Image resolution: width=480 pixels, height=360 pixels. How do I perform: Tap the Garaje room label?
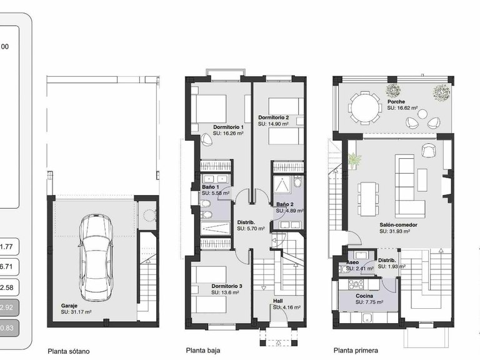(60, 305)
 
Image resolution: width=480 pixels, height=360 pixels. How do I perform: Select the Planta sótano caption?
(69, 351)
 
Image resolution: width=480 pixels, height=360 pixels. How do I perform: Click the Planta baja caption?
(203, 351)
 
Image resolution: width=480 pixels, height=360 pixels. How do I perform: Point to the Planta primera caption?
(356, 351)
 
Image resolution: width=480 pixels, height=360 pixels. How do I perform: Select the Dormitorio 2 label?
(273, 117)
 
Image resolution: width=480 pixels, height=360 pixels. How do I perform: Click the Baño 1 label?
(209, 187)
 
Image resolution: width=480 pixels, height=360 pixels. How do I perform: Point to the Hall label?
(277, 301)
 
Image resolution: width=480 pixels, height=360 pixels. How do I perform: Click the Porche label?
(396, 102)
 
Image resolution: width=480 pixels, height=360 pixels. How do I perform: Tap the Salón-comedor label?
(397, 224)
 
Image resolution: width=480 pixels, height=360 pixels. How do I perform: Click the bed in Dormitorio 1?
(209, 110)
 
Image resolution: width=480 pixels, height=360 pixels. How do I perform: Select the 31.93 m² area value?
(399, 231)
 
